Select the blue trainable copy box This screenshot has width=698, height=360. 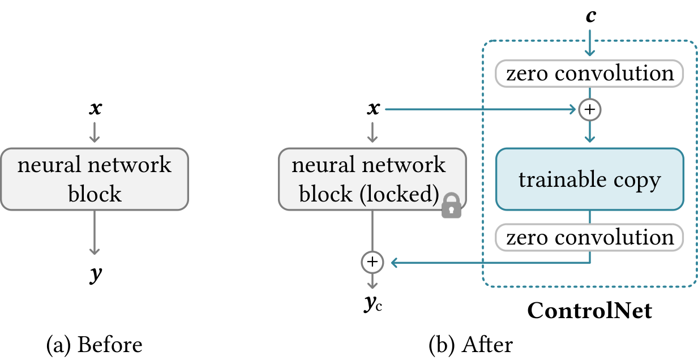tap(589, 179)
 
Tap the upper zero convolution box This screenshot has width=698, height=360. tap(589, 74)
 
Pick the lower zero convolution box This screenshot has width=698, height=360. tap(589, 238)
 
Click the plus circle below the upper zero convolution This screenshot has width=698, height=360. tap(589, 109)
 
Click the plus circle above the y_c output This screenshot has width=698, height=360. tap(372, 262)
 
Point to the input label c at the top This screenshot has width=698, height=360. tap(591, 16)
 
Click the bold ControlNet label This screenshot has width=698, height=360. tap(589, 310)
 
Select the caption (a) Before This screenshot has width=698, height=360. tap(95, 345)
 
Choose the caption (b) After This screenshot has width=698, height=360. tap(471, 345)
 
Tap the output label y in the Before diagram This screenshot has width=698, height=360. tap(96, 275)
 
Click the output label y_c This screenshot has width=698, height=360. tap(373, 303)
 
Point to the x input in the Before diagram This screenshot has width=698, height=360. tap(95, 109)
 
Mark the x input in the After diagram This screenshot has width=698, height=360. tap(373, 109)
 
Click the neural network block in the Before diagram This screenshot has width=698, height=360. tap(95, 179)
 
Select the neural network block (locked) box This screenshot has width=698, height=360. tap(372, 179)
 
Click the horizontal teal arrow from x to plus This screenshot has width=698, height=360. tap(481, 109)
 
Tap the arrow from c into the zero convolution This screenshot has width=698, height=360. tap(589, 43)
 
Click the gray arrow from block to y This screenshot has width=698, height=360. tap(95, 233)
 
